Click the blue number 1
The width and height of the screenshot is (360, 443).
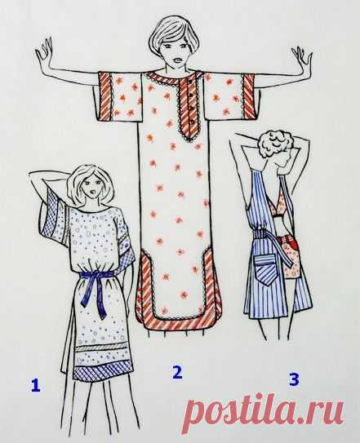point(35,385)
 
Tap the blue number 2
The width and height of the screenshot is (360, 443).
point(177,372)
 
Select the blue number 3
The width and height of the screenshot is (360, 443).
point(294,379)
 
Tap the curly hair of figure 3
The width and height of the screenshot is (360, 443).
point(272,144)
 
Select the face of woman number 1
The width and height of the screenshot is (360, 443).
point(93,187)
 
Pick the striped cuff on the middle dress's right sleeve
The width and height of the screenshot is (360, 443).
point(249,95)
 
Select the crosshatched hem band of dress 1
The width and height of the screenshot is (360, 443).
point(104,370)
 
